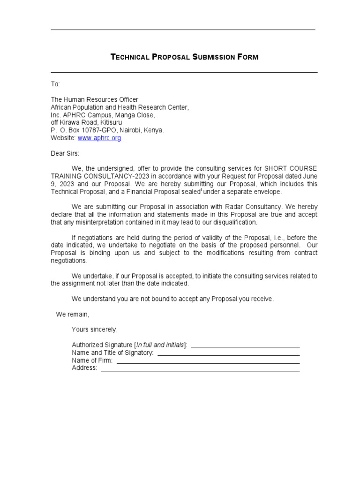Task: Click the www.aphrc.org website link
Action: [99, 138]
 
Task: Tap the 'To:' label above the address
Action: [55, 84]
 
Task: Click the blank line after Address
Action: [200, 370]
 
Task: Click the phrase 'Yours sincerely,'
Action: [94, 330]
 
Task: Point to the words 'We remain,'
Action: [72, 314]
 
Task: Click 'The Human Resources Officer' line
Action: [94, 99]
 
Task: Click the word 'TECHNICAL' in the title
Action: [129, 57]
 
